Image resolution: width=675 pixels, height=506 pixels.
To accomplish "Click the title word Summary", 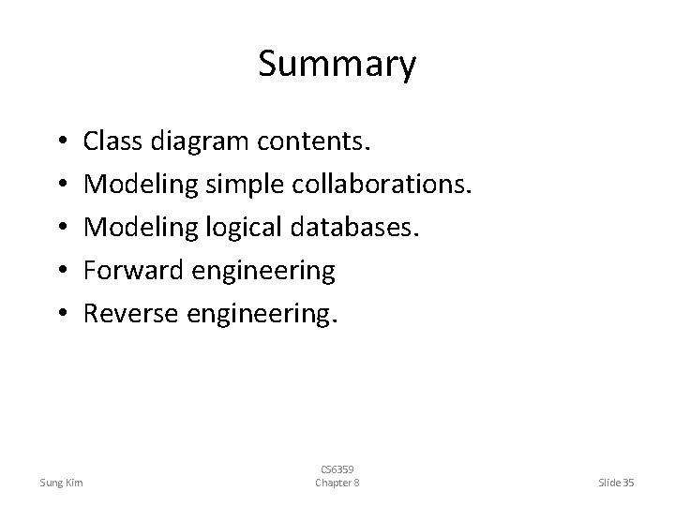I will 337,65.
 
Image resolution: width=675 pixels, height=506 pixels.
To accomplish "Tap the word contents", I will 314,142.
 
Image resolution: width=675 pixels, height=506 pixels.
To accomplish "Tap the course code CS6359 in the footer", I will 337,469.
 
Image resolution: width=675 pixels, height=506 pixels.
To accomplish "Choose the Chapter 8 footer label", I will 337,483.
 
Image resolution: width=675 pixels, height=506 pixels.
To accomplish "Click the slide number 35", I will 627,483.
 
